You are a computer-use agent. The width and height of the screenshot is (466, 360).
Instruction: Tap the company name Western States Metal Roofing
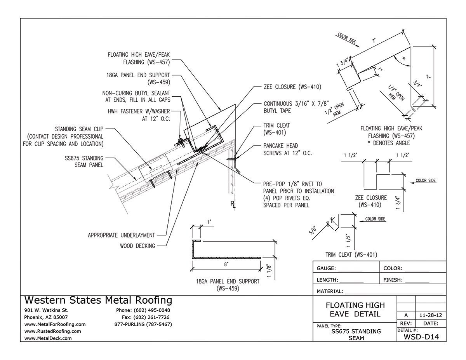point(98,300)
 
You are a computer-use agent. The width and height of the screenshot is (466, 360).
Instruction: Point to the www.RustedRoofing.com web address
point(52,331)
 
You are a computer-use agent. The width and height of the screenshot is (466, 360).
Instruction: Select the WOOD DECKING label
point(138,245)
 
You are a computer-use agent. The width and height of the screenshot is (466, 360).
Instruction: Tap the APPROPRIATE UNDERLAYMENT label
point(121,235)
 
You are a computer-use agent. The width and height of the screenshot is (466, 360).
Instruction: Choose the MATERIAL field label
point(330,291)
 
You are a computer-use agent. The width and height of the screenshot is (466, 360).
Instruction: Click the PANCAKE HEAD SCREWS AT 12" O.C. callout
point(288,149)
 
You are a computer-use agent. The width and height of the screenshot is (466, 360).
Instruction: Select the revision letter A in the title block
point(405,315)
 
